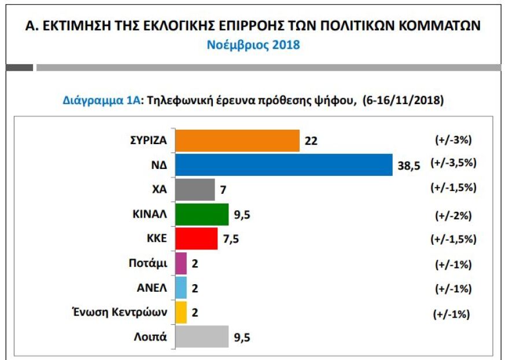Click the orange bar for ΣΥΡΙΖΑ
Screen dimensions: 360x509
(x=237, y=140)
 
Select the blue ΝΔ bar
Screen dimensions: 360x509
(x=283, y=164)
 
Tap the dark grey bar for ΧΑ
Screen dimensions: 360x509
(x=194, y=189)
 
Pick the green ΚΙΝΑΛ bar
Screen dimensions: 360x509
(x=201, y=214)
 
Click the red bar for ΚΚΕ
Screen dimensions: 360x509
(x=196, y=238)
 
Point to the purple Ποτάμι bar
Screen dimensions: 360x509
(x=180, y=263)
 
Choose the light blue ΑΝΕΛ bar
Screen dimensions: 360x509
(x=180, y=288)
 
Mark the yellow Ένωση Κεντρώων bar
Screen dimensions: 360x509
(x=180, y=313)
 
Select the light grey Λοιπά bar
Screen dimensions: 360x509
(x=201, y=337)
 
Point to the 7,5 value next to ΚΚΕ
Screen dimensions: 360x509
(x=231, y=239)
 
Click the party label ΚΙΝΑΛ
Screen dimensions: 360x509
(x=149, y=214)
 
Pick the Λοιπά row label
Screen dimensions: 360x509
(x=152, y=337)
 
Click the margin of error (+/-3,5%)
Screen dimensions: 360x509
(x=453, y=163)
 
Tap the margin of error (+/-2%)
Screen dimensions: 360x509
(x=453, y=215)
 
